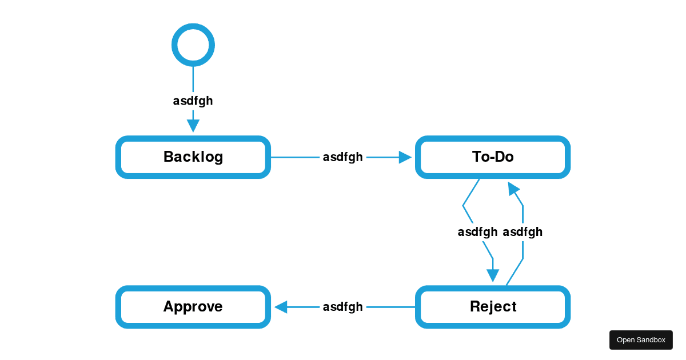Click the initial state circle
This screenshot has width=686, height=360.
point(193,45)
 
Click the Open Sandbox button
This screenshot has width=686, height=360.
point(641,340)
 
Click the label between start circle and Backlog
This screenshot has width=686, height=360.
point(193,101)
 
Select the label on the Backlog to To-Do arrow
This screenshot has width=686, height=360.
point(342,157)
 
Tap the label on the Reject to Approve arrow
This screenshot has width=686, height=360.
point(342,307)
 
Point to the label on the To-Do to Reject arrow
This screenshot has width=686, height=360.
point(477,232)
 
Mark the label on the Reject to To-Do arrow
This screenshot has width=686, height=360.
point(523,232)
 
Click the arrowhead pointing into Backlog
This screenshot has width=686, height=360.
point(193,126)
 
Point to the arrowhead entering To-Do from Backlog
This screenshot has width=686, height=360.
point(405,157)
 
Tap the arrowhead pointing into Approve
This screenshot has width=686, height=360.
point(281,307)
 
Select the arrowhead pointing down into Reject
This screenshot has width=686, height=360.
point(493,275)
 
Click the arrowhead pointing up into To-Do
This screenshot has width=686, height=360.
point(513,189)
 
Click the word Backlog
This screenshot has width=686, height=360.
point(193,157)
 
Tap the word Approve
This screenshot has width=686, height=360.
point(193,307)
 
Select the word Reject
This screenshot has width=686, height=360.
point(493,307)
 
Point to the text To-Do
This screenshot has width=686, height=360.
point(493,157)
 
